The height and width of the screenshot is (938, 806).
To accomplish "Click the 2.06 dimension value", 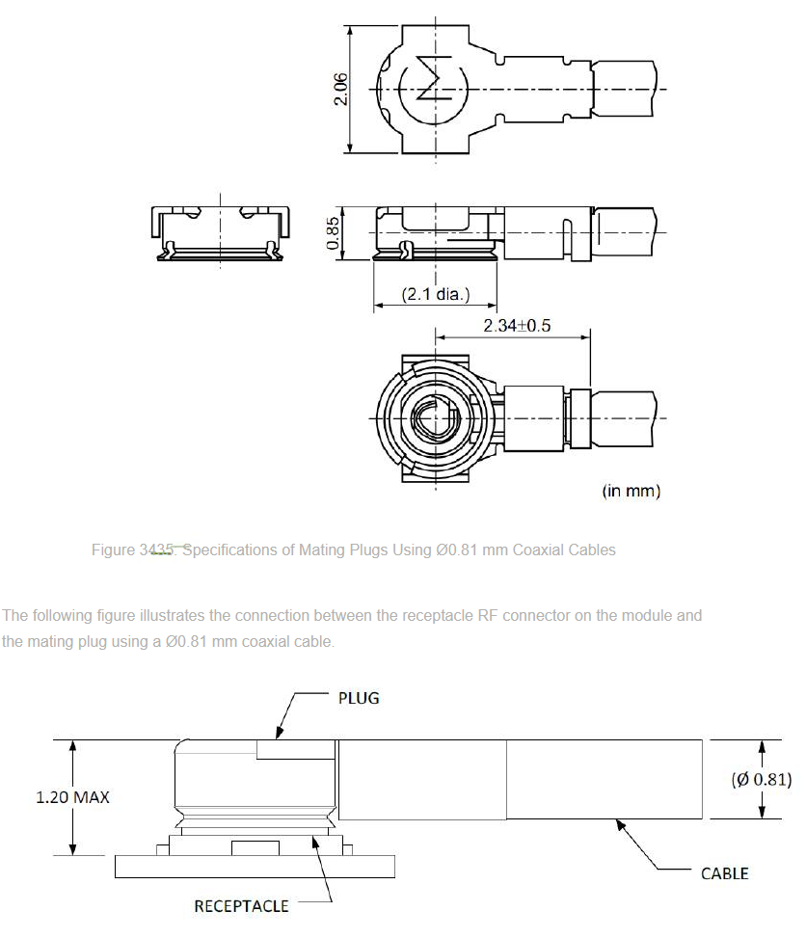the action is [x=340, y=89].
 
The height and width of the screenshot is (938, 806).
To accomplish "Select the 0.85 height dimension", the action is [x=333, y=232].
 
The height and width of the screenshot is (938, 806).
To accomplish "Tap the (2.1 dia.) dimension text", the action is [x=436, y=294].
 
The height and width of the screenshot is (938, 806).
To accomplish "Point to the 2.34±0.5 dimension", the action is [x=517, y=326].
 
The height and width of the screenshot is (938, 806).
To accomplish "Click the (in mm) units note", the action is [x=631, y=491].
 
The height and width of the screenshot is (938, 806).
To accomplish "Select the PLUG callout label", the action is [x=359, y=698].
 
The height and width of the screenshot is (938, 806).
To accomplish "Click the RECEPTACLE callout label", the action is [x=241, y=906].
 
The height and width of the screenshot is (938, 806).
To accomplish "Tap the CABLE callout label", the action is [x=725, y=873].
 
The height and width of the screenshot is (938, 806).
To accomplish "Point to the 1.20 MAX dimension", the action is [x=73, y=797].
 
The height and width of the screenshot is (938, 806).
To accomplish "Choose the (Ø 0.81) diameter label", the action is [x=762, y=779].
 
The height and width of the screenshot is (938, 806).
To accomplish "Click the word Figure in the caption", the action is [x=113, y=549].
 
